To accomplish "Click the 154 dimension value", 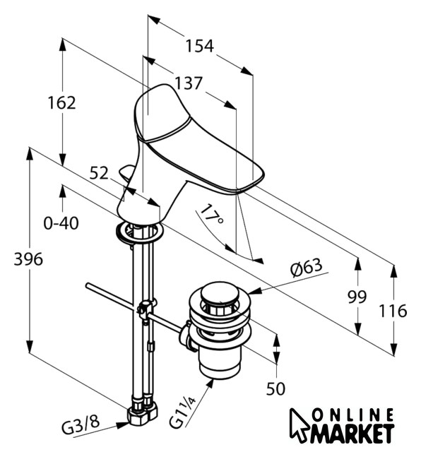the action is [x=199, y=46].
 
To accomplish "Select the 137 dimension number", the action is [x=189, y=83].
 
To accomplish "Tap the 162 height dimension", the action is [x=61, y=103].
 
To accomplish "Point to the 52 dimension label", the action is [x=99, y=173].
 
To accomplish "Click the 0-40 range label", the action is [x=61, y=223].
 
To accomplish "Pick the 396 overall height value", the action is [x=28, y=259].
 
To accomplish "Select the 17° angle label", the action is [x=211, y=215].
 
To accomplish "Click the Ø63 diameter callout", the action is [x=306, y=267].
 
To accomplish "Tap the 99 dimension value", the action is [x=357, y=297].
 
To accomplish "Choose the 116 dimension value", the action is [x=393, y=311].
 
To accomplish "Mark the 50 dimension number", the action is [x=275, y=388].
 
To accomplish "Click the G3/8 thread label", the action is [x=81, y=424].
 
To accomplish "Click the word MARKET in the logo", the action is [x=352, y=433].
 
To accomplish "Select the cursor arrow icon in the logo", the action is [x=299, y=425].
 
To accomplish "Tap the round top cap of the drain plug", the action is [x=220, y=294].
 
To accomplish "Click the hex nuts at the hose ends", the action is [x=143, y=412].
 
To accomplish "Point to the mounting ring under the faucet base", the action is [x=139, y=232].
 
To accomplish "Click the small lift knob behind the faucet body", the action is [x=126, y=172].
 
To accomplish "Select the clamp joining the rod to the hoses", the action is [x=145, y=309].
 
